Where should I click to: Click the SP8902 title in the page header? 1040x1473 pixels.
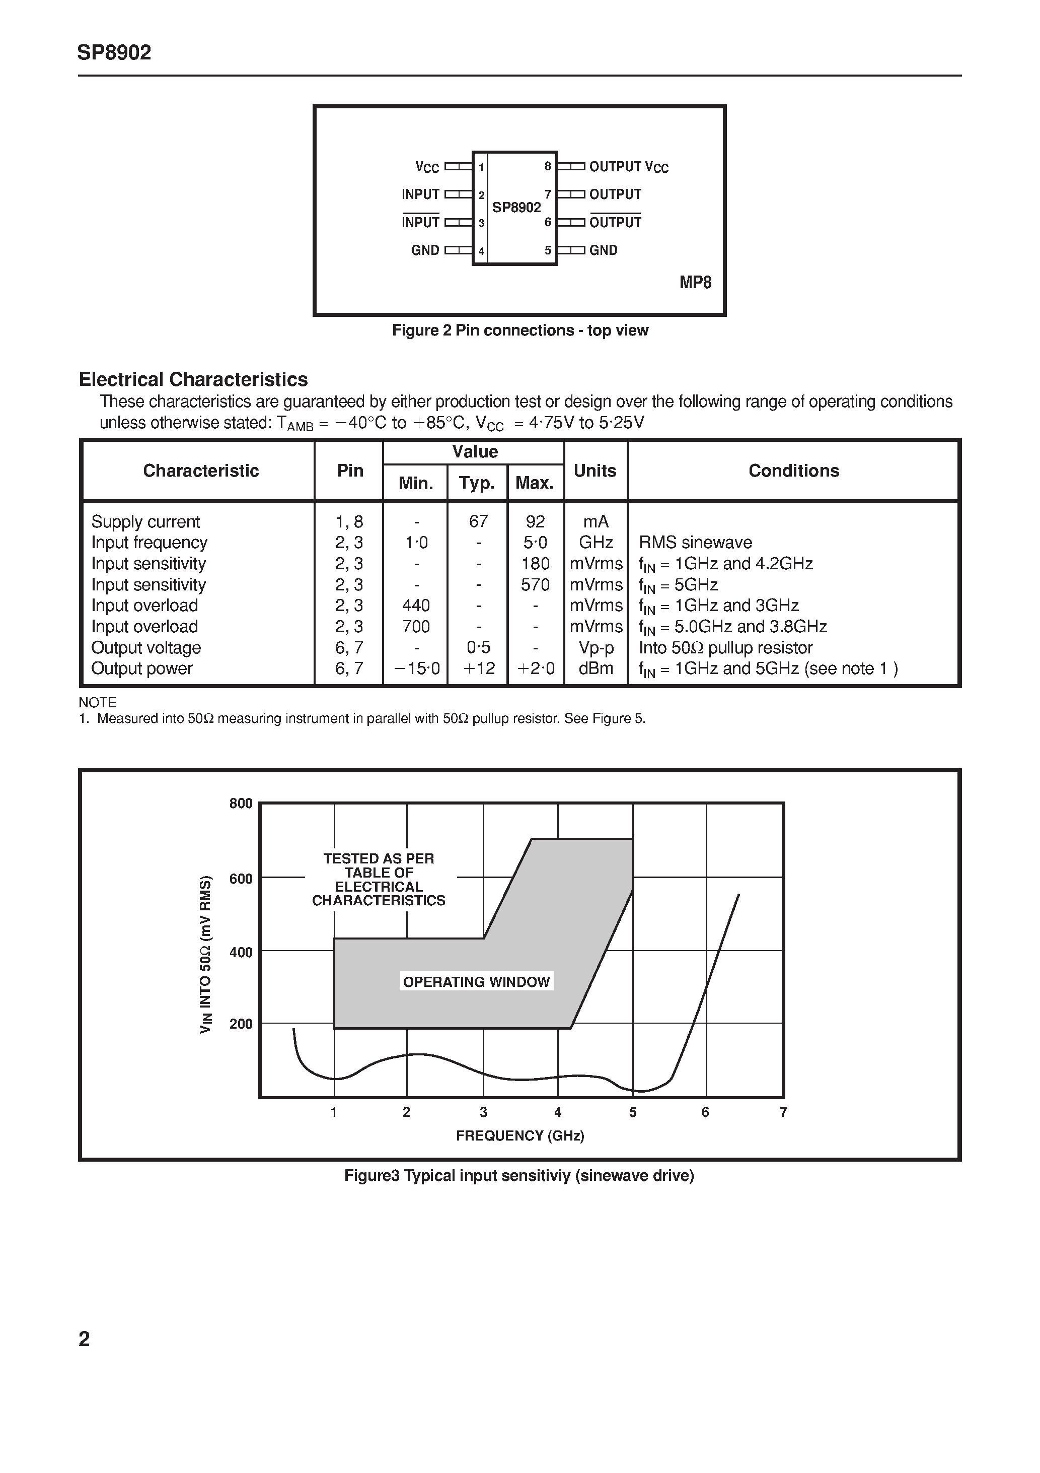tap(114, 52)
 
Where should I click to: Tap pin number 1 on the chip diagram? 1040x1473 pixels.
tap(481, 167)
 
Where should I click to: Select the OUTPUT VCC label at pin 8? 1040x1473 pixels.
tap(628, 167)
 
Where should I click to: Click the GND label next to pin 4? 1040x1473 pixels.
tap(425, 251)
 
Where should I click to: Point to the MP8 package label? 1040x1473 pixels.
tap(695, 283)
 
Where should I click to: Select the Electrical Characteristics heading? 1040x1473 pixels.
tap(193, 380)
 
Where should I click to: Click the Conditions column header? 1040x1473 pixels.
tap(793, 471)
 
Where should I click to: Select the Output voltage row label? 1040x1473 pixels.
tap(146, 648)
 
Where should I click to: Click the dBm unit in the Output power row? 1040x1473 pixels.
tap(596, 668)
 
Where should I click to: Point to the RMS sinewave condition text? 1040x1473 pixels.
tap(695, 543)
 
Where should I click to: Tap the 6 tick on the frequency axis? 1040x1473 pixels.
tap(705, 1112)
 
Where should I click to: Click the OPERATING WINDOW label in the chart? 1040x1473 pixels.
tap(476, 981)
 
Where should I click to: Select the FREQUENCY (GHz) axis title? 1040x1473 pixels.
tap(520, 1136)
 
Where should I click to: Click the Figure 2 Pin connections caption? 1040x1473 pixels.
tap(520, 330)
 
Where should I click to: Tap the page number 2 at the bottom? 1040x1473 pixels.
tap(84, 1340)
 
